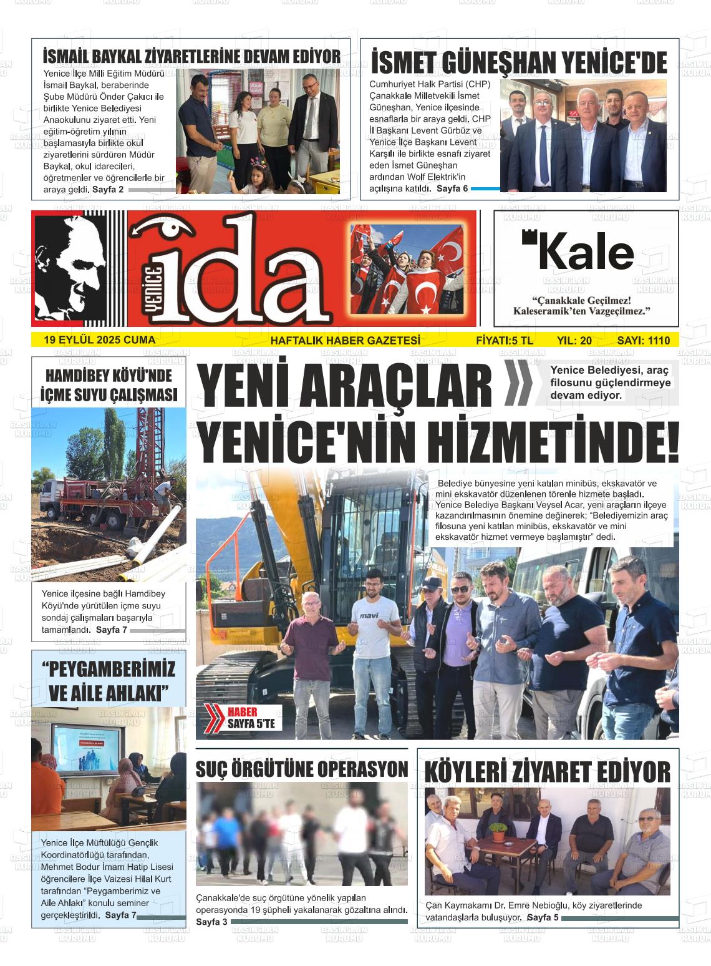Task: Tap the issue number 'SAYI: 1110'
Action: [643, 341]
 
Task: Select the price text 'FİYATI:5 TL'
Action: [504, 341]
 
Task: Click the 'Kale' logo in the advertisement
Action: [578, 251]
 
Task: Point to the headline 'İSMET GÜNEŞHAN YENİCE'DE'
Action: [519, 63]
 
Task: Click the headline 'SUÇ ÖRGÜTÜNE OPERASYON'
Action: [302, 769]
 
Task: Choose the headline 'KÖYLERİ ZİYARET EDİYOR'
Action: [547, 772]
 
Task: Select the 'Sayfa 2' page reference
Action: [108, 189]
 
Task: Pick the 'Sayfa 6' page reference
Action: [452, 188]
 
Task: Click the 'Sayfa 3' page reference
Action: [211, 922]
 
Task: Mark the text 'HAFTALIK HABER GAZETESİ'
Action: [345, 341]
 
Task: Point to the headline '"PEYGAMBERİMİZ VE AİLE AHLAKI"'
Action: [109, 681]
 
